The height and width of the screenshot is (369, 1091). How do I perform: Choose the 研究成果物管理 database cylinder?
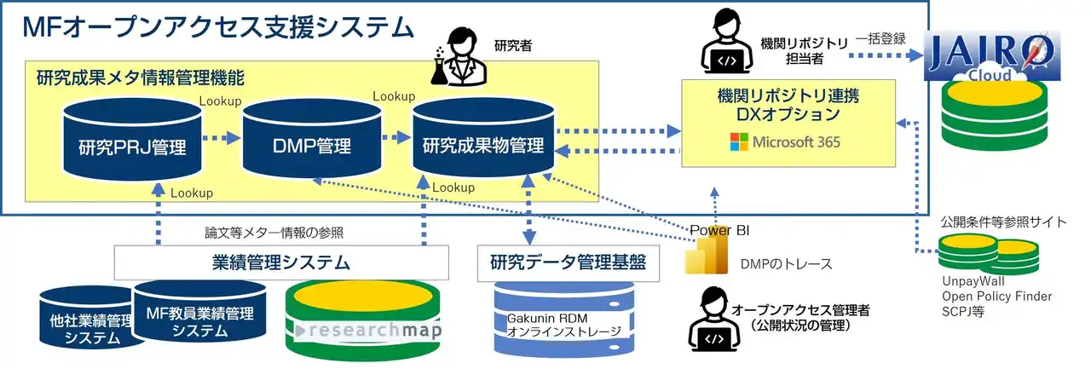coord(483,140)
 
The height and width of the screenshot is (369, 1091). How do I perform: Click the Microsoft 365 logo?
coord(785,141)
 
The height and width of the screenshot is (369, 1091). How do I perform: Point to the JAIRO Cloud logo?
coord(992,56)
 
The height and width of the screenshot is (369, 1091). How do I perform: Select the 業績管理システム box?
coord(280,262)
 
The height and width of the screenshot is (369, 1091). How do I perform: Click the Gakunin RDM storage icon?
coord(558,321)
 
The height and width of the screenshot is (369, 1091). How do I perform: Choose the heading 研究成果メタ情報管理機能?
coord(141,78)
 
